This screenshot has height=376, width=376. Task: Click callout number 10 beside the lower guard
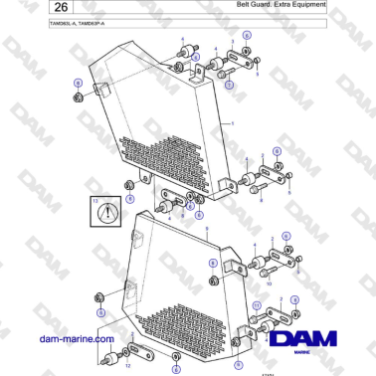click(268, 282)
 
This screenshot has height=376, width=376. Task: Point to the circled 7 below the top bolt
click(229, 86)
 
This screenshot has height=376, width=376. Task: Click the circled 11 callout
click(255, 304)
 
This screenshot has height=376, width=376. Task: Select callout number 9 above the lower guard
click(207, 229)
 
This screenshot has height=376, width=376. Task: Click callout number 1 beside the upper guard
click(232, 121)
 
